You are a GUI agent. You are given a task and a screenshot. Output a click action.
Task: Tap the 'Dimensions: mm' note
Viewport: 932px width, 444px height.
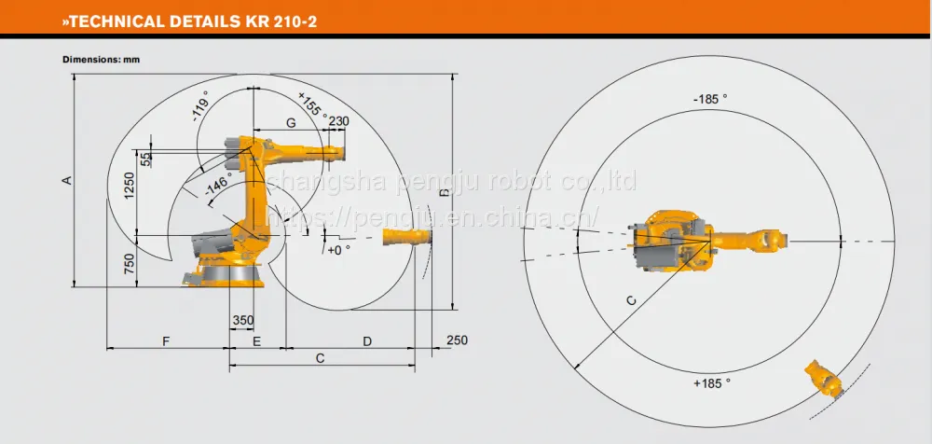tap(101, 60)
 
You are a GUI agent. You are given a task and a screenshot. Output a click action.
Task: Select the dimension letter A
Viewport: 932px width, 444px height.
tap(67, 180)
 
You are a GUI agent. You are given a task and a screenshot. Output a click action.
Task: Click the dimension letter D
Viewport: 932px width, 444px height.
tap(367, 341)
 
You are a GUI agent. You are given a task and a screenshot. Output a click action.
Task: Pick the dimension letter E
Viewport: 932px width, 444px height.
tap(257, 341)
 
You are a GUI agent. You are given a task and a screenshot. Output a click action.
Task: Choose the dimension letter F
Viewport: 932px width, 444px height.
tap(167, 341)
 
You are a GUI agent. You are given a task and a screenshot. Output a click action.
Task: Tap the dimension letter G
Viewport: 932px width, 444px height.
tap(291, 123)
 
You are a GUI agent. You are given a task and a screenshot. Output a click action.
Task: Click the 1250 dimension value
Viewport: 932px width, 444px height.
tap(130, 186)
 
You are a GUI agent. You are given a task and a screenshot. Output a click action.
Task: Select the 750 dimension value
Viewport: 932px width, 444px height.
tap(130, 264)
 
